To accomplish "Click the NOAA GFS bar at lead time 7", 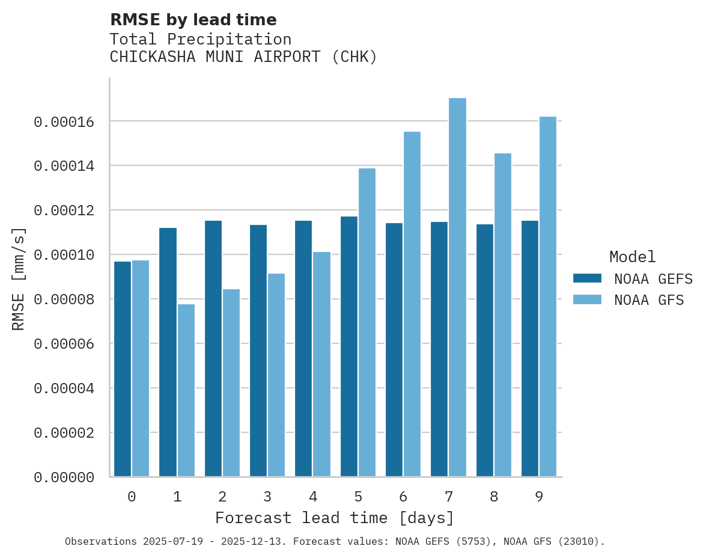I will (457, 287).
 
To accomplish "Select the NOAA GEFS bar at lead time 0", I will (123, 369).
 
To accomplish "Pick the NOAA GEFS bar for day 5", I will (349, 346).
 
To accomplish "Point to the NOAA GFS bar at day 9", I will (548, 296).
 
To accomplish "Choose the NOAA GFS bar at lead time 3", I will (276, 375).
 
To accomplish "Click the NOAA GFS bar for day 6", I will (412, 304).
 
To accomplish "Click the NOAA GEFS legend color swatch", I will (587, 278).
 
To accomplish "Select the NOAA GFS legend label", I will (649, 300).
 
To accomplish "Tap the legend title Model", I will (632, 257).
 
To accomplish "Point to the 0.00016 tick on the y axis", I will (64, 122).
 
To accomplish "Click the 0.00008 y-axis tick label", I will (64, 299).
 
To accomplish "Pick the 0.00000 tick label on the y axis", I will (64, 477).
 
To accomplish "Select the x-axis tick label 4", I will (313, 497).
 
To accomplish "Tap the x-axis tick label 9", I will (539, 497).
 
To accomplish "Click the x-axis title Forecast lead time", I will (335, 518).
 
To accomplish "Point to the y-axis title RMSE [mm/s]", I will (19, 279).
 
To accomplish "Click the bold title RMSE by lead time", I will (193, 20).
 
